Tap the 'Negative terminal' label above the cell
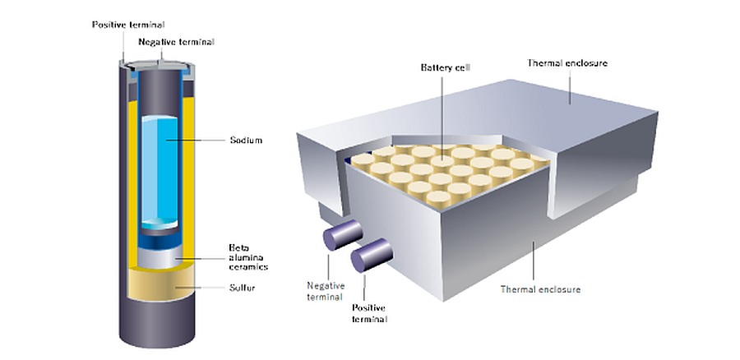171,41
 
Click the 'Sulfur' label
243,288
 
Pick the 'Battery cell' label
441,67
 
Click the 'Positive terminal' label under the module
369,312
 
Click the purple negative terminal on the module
338,233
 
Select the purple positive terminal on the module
369,256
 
